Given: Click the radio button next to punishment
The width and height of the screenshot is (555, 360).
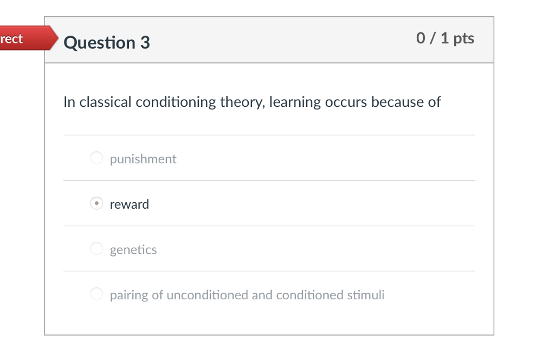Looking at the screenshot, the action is [96, 158].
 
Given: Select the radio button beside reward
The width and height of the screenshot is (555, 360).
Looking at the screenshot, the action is [96, 203].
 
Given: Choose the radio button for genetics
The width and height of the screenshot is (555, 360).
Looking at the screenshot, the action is [96, 248].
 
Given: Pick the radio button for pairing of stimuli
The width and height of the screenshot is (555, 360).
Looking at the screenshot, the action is [96, 294].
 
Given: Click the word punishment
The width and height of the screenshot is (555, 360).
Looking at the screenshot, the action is [143, 159].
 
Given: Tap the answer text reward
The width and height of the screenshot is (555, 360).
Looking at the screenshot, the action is [129, 204].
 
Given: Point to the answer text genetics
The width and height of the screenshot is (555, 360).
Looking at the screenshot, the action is [133, 250].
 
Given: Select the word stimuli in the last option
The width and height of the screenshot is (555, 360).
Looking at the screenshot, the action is [366, 295].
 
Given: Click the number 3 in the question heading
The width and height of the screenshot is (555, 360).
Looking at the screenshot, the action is [145, 43].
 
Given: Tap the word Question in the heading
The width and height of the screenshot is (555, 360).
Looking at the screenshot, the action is [100, 43].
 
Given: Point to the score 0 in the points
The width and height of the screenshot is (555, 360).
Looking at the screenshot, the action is [421, 38].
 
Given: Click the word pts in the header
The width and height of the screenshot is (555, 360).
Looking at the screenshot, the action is [464, 39].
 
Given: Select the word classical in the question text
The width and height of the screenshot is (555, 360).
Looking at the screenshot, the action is [106, 102].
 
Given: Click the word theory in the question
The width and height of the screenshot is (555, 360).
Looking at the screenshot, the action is [242, 102].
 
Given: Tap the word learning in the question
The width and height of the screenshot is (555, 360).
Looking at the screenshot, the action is [295, 102].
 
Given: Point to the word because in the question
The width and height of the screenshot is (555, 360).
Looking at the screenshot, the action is [397, 102].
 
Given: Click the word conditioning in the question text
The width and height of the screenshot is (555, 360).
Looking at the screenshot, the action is [176, 102].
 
